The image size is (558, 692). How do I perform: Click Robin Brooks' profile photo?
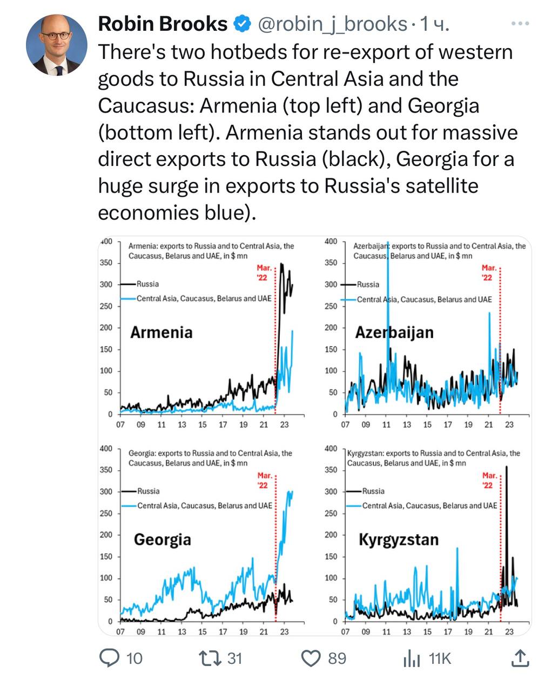pyautogui.click(x=56, y=45)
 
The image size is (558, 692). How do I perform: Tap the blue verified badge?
pyautogui.click(x=241, y=24)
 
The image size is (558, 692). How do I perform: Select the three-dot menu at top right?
pyautogui.click(x=520, y=23)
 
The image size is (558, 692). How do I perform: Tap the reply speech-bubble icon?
pyautogui.click(x=110, y=657)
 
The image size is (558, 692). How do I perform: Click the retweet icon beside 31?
pyautogui.click(x=207, y=657)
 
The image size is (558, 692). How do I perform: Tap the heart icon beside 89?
pyautogui.click(x=311, y=658)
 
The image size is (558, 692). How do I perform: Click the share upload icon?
pyautogui.click(x=519, y=658)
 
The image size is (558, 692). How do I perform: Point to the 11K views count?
pyautogui.click(x=440, y=658)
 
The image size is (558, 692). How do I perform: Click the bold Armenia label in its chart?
pyautogui.click(x=161, y=332)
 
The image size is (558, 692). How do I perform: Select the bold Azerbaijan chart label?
pyautogui.click(x=394, y=332)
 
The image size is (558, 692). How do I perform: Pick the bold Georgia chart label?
pyautogui.click(x=162, y=539)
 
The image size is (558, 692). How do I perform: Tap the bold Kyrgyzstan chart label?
pyautogui.click(x=399, y=539)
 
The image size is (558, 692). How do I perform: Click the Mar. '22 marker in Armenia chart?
pyautogui.click(x=264, y=272)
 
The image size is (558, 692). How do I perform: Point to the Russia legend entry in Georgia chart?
pyautogui.click(x=148, y=491)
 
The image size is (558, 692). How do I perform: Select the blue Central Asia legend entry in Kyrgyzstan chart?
pyautogui.click(x=429, y=505)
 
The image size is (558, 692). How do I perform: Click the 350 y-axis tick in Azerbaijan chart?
pyautogui.click(x=331, y=263)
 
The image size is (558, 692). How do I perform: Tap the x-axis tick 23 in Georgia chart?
pyautogui.click(x=284, y=631)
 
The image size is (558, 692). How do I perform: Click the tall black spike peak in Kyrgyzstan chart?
pyautogui.click(x=507, y=467)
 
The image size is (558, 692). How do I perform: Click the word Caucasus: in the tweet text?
pyautogui.click(x=146, y=105)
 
